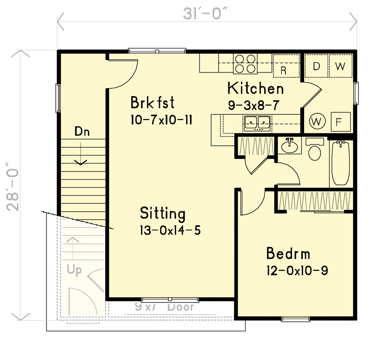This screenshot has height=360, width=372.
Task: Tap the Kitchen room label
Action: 255,88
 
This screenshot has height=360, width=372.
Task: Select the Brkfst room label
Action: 153,102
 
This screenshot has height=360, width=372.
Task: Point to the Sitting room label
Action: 163,214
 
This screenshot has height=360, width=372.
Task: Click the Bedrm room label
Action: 288,254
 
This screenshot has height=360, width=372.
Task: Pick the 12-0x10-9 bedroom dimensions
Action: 297,270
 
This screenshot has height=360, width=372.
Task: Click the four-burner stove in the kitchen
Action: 245,64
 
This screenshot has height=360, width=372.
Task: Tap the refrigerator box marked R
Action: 283,70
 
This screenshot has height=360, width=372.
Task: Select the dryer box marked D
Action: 316,66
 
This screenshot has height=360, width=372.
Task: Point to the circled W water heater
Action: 317,122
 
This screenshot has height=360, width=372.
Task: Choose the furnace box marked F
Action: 339,122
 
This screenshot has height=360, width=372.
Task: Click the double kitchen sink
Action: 257,123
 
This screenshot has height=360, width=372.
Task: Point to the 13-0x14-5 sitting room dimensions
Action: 170,230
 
